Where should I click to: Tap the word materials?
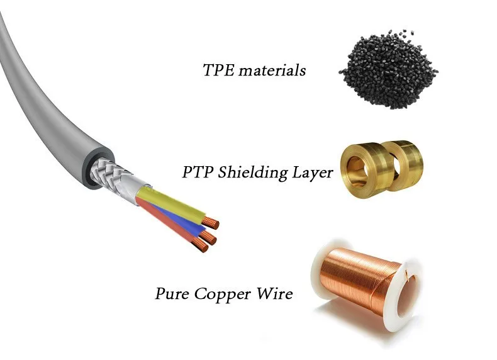pos(272,70)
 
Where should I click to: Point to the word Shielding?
pos(252,173)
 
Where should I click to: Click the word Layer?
pos(313,174)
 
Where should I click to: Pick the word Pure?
pos(172,293)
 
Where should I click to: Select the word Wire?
pos(274,293)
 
